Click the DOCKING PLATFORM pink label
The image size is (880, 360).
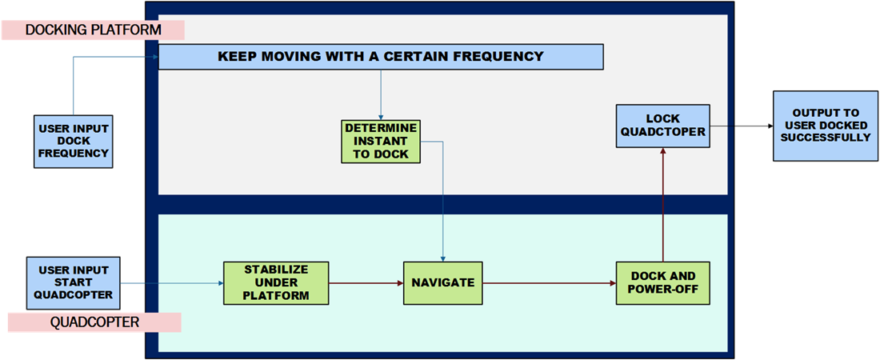pyautogui.click(x=93, y=30)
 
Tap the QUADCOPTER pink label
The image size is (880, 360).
pyautogui.click(x=94, y=322)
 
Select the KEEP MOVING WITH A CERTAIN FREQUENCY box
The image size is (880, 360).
pyautogui.click(x=381, y=57)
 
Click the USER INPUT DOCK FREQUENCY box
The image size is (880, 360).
pyautogui.click(x=74, y=141)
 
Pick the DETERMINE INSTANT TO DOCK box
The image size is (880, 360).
pyautogui.click(x=381, y=141)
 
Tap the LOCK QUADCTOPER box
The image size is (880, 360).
pyautogui.click(x=663, y=126)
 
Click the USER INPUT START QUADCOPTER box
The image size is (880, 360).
pyautogui.click(x=74, y=283)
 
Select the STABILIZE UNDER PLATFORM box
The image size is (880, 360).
pyautogui.click(x=276, y=283)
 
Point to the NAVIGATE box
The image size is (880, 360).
pyautogui.click(x=443, y=283)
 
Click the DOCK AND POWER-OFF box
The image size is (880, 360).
pyautogui.click(x=663, y=283)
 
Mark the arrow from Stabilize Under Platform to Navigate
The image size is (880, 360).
pyautogui.click(x=366, y=283)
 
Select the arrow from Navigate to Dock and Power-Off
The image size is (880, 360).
pyautogui.click(x=550, y=283)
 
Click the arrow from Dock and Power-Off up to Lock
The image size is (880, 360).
pyautogui.click(x=663, y=205)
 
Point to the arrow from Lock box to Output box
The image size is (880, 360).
pyautogui.click(x=742, y=126)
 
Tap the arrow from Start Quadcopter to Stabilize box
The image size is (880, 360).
pyautogui.click(x=172, y=283)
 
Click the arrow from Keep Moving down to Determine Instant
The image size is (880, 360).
pyautogui.click(x=381, y=94)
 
